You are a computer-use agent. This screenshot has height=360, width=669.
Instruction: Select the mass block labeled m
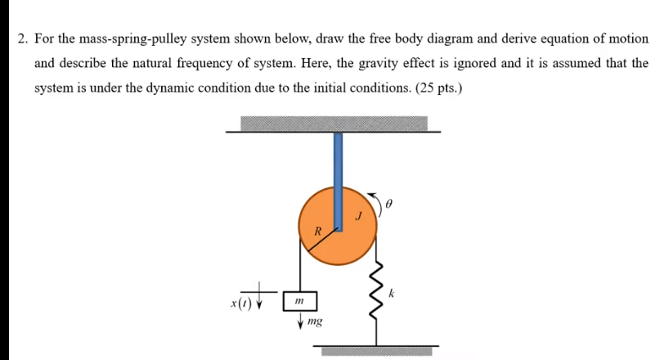click(299, 302)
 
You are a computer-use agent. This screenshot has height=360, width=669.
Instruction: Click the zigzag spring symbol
click(378, 292)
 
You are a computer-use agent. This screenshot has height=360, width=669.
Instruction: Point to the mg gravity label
click(315, 322)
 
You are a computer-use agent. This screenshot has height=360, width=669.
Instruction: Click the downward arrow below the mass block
click(301, 321)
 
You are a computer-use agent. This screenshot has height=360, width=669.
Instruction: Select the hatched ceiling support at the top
click(334, 124)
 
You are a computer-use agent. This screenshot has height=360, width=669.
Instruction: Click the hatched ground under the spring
click(377, 351)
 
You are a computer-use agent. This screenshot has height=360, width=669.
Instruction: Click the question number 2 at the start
click(23, 38)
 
